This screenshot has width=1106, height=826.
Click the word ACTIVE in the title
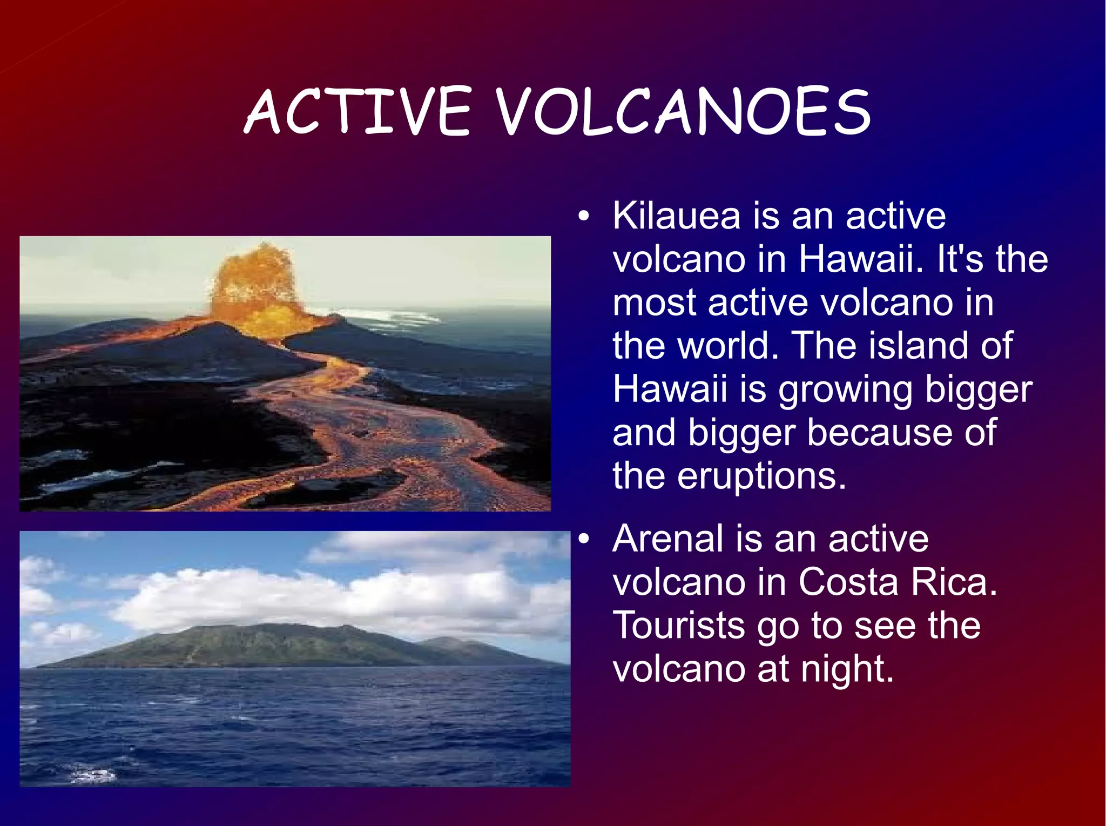pos(358,112)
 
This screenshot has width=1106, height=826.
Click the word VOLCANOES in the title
pos(683,112)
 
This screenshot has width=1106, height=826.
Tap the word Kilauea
pos(676,216)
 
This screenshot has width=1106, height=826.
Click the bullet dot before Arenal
pos(583,540)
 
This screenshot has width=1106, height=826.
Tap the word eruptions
pos(761,477)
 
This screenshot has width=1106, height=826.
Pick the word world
pos(727,346)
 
